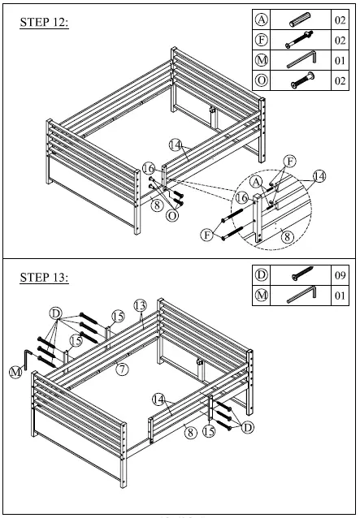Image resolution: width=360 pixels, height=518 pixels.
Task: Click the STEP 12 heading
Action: click(45, 23)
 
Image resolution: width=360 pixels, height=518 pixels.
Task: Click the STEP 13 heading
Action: click(45, 277)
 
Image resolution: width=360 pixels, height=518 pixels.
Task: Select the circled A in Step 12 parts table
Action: click(262, 19)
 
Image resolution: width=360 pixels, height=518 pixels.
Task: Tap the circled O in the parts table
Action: click(262, 80)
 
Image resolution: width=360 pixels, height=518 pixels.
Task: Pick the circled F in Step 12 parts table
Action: click(262, 40)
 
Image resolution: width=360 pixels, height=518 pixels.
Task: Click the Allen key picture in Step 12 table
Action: click(301, 59)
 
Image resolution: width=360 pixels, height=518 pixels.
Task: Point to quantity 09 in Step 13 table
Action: click(340, 275)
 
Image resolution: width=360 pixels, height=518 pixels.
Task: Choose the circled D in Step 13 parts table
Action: click(262, 275)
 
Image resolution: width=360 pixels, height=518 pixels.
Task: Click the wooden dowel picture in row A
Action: click(300, 19)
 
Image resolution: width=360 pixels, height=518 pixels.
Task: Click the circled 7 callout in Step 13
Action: click(123, 369)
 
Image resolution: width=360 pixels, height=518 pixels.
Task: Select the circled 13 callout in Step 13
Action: click(140, 305)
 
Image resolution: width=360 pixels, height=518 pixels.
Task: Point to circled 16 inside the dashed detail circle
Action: click(241, 198)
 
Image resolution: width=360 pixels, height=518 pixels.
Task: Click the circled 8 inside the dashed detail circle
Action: click(288, 236)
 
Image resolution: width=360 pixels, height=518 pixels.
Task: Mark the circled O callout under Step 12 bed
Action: click(172, 215)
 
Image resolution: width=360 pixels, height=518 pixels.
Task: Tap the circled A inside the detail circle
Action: click(256, 181)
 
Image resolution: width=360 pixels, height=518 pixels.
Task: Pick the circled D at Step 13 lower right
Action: click(248, 428)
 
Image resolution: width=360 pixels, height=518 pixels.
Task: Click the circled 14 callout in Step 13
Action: click(158, 399)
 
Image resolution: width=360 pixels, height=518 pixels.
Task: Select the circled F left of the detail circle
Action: click(207, 235)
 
